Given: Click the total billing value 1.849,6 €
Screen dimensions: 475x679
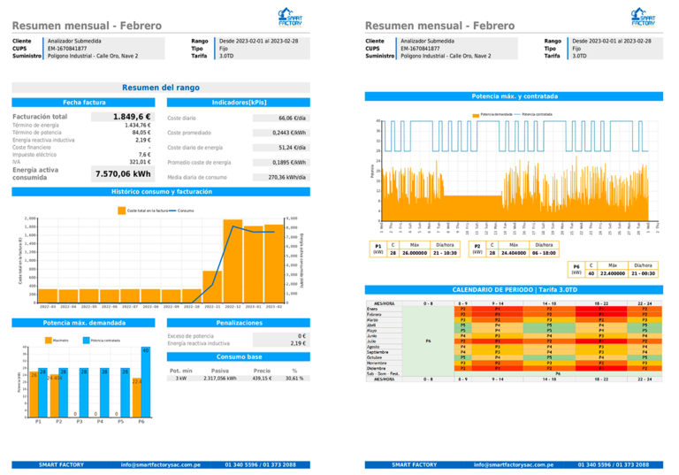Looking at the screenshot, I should (132, 117).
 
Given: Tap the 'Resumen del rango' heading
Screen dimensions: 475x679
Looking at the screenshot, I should (161, 88).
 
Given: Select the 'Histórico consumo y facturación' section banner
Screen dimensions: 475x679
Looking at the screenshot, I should (161, 191).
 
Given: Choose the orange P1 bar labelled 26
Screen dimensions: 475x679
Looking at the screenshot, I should (34, 395).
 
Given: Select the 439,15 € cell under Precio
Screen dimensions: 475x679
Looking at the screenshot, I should (263, 378).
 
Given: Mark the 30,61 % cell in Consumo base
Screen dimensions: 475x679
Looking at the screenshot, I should (294, 378).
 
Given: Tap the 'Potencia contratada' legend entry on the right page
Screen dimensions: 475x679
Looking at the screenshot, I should (537, 115).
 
